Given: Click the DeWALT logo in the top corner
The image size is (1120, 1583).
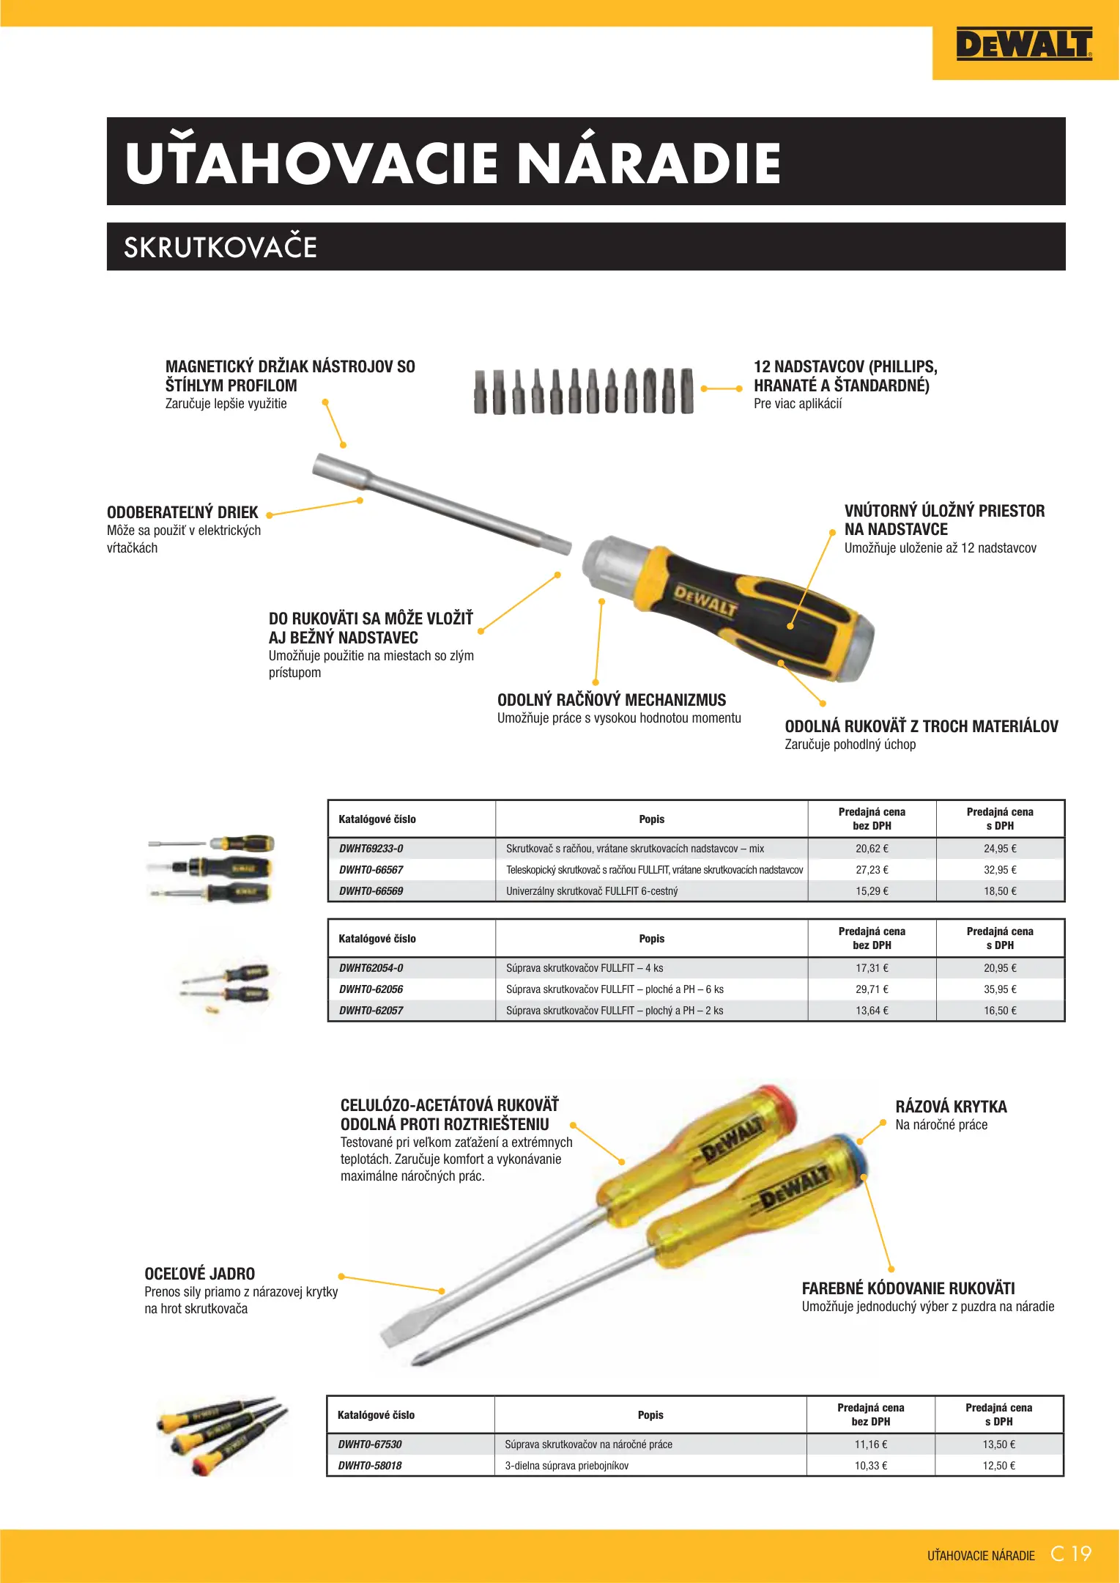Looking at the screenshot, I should [1023, 45].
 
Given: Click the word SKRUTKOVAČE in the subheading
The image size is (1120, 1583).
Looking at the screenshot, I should [220, 248].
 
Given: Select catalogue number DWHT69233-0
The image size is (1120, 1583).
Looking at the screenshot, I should [371, 849].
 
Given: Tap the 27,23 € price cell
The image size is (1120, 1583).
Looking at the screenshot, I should [872, 870].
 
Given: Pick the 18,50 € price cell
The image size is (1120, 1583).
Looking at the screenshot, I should [1000, 891].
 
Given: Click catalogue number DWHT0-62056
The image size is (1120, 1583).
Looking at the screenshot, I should [371, 989].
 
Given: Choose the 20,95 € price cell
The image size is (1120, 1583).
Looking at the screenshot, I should [1000, 968].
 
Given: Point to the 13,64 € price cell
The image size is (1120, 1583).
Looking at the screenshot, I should [872, 1011].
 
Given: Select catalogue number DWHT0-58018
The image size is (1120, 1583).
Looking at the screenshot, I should [370, 1466].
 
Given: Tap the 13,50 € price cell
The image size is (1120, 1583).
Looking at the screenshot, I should [998, 1444].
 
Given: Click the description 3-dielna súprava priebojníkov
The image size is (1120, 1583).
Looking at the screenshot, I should [566, 1466].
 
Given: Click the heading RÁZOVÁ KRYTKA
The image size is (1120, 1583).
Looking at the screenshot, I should [951, 1107].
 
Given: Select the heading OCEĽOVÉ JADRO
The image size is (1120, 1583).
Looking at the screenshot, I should [199, 1274].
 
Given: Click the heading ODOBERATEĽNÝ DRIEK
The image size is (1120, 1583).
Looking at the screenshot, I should [182, 512].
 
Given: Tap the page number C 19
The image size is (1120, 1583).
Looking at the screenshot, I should [1071, 1554].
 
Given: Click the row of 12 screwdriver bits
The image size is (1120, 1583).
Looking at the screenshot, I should [583, 391].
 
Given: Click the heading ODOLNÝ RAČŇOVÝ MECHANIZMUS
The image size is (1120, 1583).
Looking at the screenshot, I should [612, 700].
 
